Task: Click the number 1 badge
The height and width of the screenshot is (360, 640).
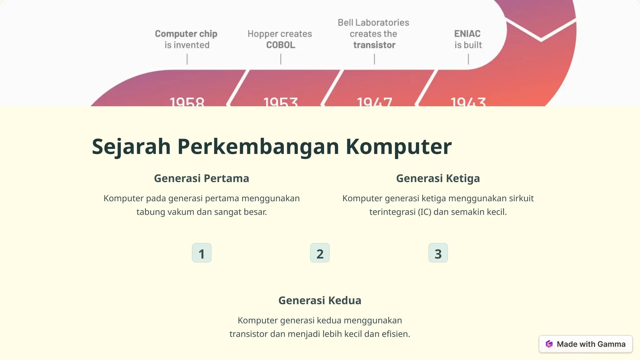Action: click(x=202, y=253)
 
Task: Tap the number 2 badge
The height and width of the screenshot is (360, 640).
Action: click(x=320, y=253)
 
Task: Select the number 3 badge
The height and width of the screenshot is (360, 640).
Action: click(x=438, y=253)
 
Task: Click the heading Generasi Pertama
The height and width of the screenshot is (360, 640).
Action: click(x=202, y=178)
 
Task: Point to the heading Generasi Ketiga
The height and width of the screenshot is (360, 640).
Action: click(x=438, y=178)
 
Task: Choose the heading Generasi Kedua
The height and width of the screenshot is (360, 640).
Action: click(x=320, y=300)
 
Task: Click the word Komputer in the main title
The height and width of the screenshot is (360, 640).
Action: click(x=398, y=147)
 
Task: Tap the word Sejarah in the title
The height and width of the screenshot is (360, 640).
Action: click(x=131, y=147)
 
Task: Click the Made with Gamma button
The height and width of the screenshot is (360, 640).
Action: click(x=586, y=344)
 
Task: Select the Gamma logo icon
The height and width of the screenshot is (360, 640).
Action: click(x=549, y=344)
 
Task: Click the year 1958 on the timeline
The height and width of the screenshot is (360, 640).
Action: click(x=187, y=102)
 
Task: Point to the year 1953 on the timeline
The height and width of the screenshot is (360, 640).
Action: click(x=281, y=102)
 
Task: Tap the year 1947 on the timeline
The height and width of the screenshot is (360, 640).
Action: click(x=374, y=102)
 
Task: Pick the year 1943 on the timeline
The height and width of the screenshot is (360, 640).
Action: click(x=468, y=102)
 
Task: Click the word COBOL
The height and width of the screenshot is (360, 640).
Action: click(x=281, y=45)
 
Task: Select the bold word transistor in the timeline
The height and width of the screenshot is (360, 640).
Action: click(x=374, y=45)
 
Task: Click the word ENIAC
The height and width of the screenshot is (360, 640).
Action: click(x=467, y=34)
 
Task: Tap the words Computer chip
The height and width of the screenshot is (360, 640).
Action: click(x=186, y=34)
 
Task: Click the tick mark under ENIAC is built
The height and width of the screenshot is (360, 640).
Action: click(x=468, y=59)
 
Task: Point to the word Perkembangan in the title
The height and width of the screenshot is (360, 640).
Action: click(x=258, y=147)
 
